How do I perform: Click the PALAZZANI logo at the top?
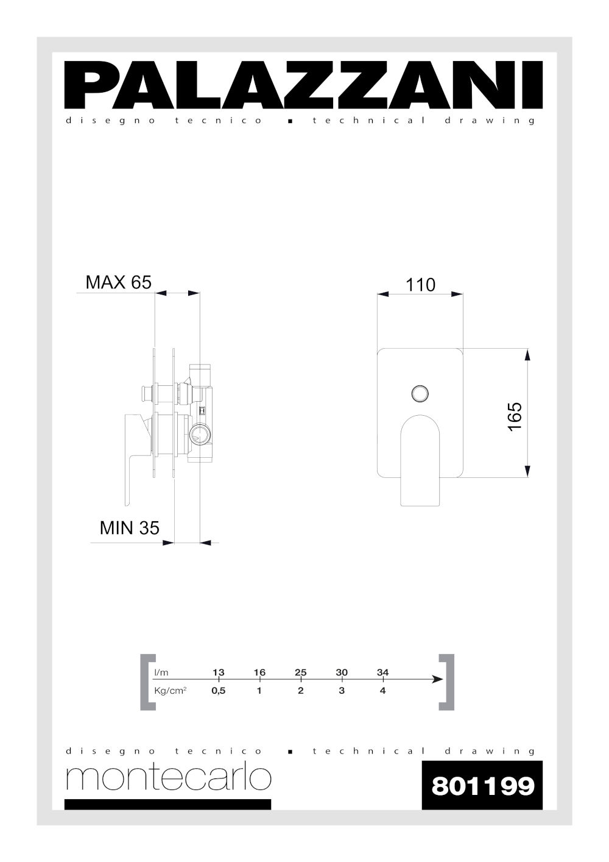303,85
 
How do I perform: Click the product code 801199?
482,786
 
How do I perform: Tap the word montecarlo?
169,778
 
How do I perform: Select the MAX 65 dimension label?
118,282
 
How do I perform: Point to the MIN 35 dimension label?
129,527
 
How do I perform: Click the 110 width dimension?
420,285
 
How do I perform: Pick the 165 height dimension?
515,417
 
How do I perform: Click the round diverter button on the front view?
420,394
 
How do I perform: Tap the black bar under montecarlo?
167,805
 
